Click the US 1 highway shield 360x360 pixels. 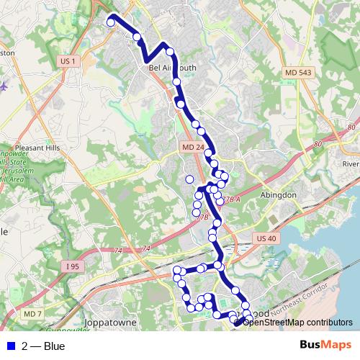pos(68,62)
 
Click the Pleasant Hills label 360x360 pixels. pos(35,147)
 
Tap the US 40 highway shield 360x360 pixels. pos(265,238)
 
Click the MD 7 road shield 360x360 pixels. pos(32,315)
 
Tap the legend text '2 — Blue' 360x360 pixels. pos(43,346)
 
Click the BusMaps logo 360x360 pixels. pos(325,346)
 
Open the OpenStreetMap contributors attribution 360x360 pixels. pos(298,322)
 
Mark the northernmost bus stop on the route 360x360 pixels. pos(111,22)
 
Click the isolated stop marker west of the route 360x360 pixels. pos(189,179)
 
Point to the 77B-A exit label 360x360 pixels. pos(230,199)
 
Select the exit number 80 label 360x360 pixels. pos(319,144)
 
